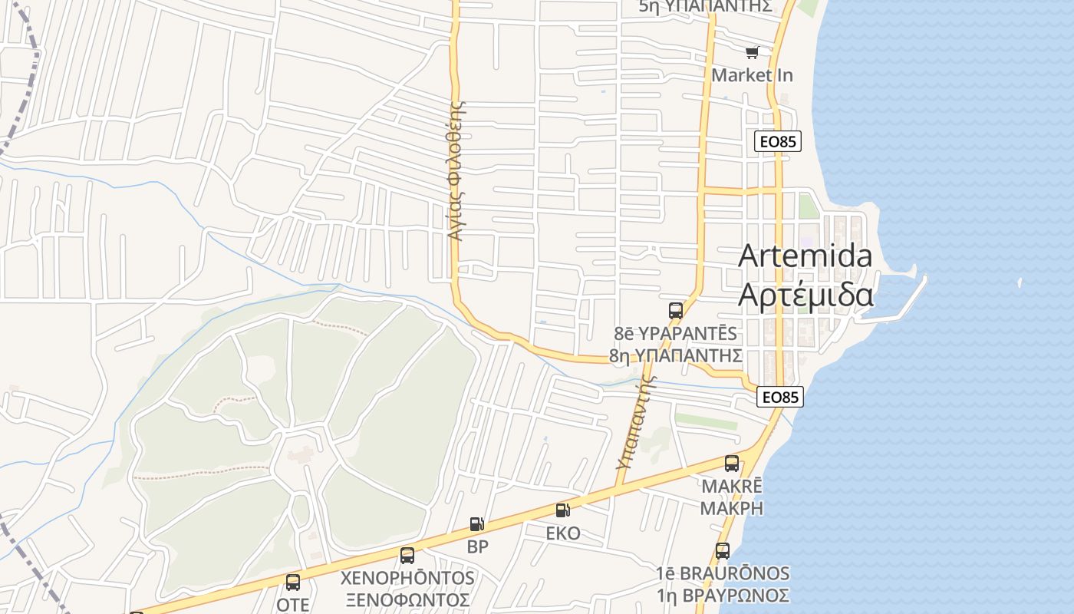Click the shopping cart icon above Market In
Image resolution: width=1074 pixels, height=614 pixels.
tap(752, 52)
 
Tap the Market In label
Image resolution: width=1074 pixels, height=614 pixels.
tap(752, 75)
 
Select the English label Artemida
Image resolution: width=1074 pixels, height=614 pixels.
tap(805, 256)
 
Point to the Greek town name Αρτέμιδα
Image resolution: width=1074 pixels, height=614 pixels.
tap(805, 295)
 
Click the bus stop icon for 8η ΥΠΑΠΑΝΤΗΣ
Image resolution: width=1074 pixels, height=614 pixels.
tap(675, 311)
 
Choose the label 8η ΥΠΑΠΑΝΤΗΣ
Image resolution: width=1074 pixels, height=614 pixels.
tap(675, 355)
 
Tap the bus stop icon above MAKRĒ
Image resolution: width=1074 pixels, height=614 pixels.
tap(732, 464)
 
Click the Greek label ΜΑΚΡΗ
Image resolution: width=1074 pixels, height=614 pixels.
tap(732, 508)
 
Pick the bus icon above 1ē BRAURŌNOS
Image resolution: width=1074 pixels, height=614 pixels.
tap(722, 551)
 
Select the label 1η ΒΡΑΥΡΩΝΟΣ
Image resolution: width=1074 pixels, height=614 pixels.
tap(722, 596)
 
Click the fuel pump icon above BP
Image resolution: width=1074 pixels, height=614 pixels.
tap(477, 525)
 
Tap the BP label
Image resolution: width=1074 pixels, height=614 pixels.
tap(477, 547)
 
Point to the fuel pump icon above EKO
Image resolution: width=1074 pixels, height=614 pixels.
tap(563, 510)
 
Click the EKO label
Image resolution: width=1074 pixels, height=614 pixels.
tap(563, 533)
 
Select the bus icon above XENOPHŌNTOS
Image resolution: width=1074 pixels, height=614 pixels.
tap(407, 555)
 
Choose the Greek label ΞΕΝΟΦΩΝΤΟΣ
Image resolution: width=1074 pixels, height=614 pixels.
tap(407, 599)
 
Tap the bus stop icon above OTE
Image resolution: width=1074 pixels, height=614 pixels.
tap(292, 583)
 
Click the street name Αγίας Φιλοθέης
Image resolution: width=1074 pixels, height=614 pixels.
tap(456, 170)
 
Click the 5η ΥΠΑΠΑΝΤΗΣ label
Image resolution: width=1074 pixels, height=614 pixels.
tap(704, 6)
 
